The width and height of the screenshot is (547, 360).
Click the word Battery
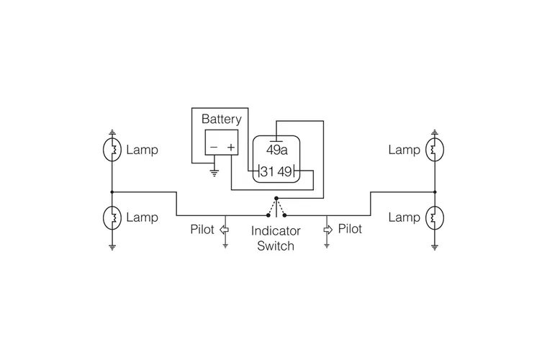pos(221,119)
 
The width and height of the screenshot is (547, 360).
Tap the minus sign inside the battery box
pos(213,148)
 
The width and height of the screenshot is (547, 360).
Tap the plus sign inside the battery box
pos(230,148)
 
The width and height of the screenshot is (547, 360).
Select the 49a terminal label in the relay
pos(276,150)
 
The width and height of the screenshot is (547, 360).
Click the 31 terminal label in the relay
pos(267,171)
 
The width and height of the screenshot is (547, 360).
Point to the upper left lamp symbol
pos(112,150)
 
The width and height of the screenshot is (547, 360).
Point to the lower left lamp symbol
pos(112,217)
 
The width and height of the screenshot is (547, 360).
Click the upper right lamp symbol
pos(434,150)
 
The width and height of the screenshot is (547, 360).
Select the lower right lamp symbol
pos(434,217)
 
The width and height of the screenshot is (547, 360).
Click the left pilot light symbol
pos(225,230)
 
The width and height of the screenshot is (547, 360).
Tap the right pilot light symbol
pos(327,230)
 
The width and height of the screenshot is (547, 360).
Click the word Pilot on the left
pos(202,230)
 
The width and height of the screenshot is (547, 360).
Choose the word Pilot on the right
pos(350,229)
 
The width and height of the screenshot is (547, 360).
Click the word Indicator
pos(276,232)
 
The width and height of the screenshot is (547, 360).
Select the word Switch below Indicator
pos(276,246)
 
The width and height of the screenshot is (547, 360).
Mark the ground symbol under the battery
pos(213,173)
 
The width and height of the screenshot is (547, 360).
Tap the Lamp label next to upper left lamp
pos(142,150)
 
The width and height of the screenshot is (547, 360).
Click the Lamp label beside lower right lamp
pos(404,217)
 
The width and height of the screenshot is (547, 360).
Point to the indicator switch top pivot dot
pos(276,199)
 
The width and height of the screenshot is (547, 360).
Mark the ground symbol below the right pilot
pos(327,246)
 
